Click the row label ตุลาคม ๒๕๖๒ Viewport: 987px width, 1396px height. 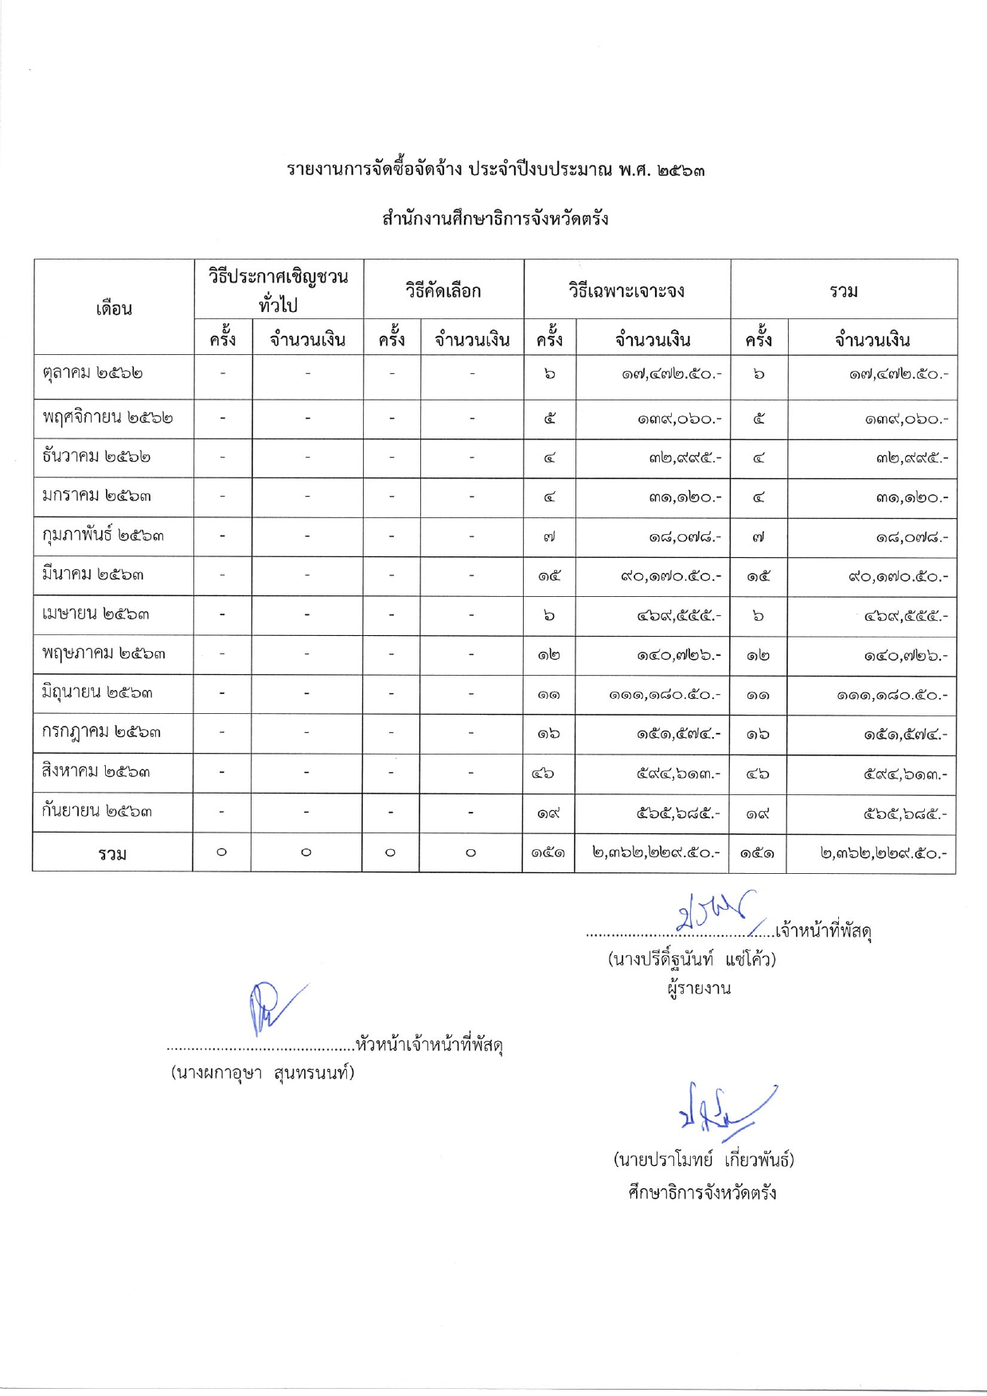click(93, 373)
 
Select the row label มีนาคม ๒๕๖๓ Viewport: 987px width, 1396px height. click(93, 575)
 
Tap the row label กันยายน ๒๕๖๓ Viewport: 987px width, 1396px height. click(96, 812)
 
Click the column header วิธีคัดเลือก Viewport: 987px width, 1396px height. click(443, 291)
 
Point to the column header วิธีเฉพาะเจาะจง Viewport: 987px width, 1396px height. click(626, 291)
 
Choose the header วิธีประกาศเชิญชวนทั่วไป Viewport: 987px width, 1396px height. click(278, 291)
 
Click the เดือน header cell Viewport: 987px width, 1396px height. click(114, 309)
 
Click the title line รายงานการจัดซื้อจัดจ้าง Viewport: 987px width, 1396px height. click(495, 170)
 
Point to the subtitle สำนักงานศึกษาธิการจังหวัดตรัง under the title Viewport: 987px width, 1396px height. click(495, 219)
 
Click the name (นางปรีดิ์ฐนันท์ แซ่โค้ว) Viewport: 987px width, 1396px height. click(692, 959)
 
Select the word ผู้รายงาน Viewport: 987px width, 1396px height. click(699, 989)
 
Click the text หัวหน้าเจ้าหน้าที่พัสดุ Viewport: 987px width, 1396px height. click(429, 1044)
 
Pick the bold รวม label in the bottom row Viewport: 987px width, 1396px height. click(112, 854)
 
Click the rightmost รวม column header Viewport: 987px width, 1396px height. click(844, 291)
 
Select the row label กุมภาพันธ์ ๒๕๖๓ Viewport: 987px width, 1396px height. click(103, 536)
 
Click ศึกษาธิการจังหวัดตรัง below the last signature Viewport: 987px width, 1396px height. click(702, 1193)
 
